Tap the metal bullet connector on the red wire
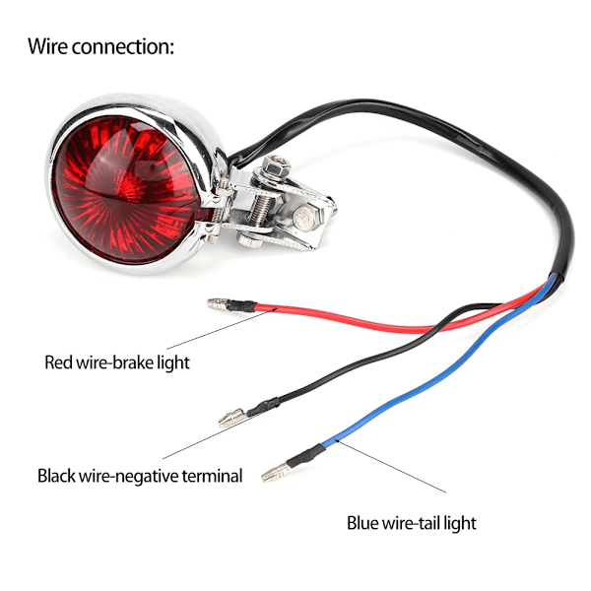pos(219,303)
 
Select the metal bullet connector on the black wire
pos(232,418)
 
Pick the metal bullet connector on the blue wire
pos(276,473)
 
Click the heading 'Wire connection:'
pos(101,46)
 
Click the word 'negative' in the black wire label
pos(147,476)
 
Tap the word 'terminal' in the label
pos(212,476)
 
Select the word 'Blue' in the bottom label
pos(362,523)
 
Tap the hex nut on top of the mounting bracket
pos(276,164)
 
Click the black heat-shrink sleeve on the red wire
pos(242,305)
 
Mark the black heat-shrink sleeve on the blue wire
pos(306,455)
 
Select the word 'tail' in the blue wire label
pos(428,523)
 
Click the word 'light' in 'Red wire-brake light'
pos(173,362)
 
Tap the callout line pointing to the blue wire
pos(392,466)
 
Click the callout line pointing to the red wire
pos(222,329)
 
